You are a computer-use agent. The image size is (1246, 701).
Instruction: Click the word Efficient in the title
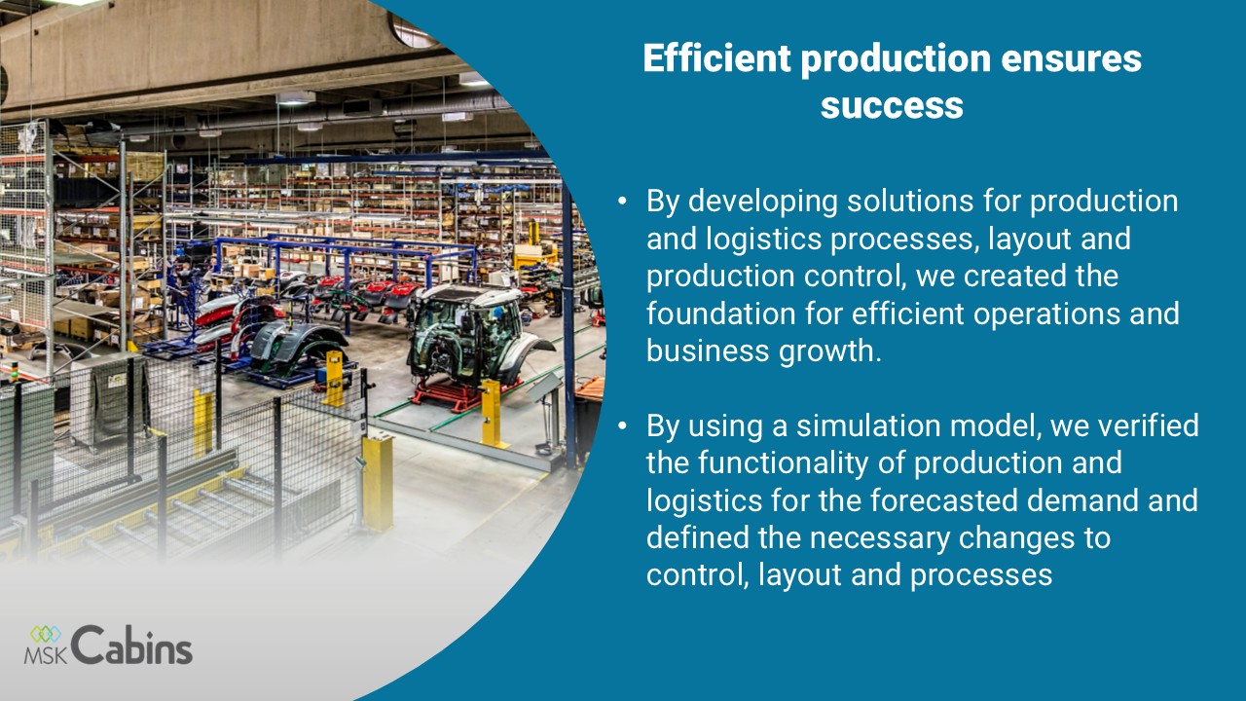click(717, 57)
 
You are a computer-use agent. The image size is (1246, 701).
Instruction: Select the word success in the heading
click(892, 106)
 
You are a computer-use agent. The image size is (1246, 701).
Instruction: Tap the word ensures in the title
click(1072, 59)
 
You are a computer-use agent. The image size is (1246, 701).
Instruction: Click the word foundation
click(721, 314)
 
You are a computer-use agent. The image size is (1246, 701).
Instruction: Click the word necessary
click(879, 538)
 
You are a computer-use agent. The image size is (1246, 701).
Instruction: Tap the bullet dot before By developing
click(622, 201)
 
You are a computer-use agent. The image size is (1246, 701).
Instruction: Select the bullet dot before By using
click(622, 426)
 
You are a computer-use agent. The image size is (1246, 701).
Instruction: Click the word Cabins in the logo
click(131, 645)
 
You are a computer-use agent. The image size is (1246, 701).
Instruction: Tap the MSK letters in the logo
click(46, 655)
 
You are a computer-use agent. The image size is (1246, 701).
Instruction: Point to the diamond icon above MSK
click(46, 634)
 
